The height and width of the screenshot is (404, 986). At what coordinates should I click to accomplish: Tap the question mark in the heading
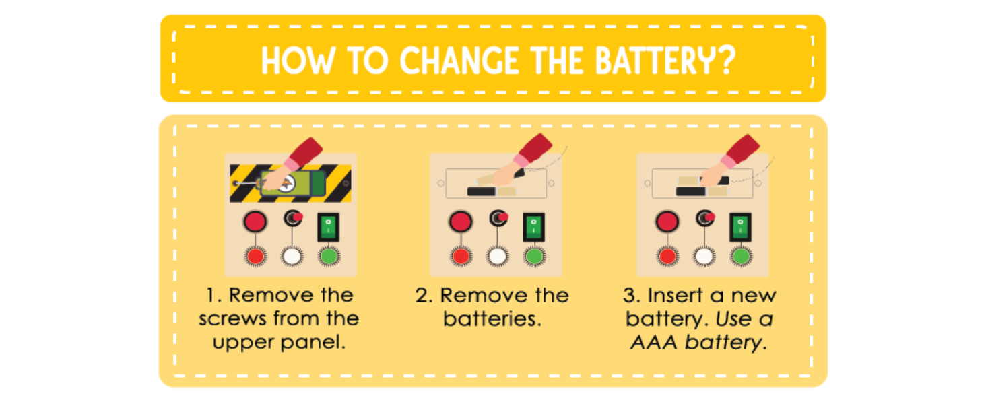coord(722,61)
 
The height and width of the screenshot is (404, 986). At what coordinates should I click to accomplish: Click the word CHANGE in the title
coord(459,61)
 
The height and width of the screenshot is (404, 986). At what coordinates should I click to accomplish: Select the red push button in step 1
coord(255,221)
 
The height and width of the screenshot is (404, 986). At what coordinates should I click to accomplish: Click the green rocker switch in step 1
coord(328,226)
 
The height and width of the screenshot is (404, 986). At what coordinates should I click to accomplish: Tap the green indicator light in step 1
coord(329,257)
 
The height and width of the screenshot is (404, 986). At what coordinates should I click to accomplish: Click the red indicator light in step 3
coord(667,257)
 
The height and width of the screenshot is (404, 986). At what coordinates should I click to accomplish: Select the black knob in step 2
coord(498,218)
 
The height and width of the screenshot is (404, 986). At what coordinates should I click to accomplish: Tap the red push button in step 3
coord(667,221)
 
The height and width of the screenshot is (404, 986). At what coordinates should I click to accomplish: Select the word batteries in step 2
coord(492,318)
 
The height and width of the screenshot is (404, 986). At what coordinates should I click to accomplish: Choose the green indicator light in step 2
coord(534,257)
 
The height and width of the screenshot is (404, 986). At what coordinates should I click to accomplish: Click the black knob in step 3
coord(704,218)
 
